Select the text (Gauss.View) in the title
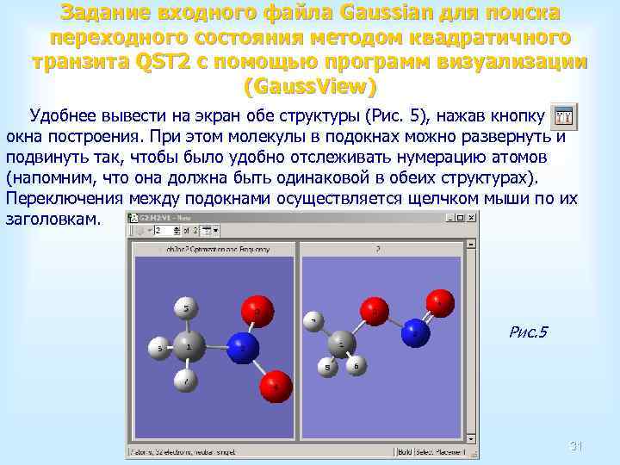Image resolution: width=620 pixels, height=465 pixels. click(310, 87)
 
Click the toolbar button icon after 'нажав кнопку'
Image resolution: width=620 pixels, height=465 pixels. click(563, 117)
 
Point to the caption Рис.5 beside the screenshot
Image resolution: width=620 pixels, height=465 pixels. click(529, 332)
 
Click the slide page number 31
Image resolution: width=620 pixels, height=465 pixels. click(577, 445)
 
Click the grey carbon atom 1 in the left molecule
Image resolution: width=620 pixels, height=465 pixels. click(190, 347)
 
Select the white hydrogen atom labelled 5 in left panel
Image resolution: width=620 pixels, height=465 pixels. click(187, 307)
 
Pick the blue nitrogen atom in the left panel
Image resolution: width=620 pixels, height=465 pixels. click(244, 347)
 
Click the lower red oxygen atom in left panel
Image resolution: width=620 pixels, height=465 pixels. click(276, 385)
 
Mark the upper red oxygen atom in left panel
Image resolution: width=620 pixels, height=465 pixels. click(257, 308)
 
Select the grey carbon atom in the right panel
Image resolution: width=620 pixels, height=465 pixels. click(342, 344)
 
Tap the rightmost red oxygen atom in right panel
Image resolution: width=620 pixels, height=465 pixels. click(441, 301)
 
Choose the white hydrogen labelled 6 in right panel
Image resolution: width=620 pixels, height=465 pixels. click(356, 365)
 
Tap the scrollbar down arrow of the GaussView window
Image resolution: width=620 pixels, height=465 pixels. click(472, 439)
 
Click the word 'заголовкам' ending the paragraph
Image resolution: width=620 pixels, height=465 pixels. click(53, 220)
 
